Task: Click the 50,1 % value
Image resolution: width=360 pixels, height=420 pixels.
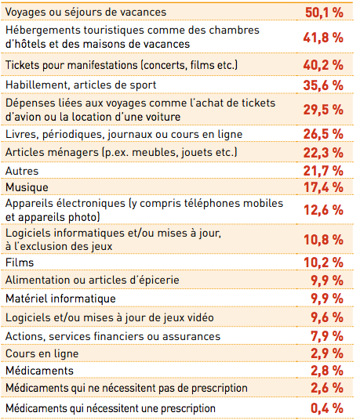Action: point(324,13)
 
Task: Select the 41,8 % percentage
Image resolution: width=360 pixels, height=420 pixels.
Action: point(323,38)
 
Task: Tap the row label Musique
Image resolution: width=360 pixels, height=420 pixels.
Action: point(27,187)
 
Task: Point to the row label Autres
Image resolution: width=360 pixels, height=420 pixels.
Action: point(22,171)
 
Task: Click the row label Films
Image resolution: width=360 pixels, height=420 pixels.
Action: point(20,262)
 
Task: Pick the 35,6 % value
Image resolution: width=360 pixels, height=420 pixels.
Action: point(323,85)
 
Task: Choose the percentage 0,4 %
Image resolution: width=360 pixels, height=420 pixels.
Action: point(327,408)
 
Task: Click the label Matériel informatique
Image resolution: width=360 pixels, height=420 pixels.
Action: point(60,299)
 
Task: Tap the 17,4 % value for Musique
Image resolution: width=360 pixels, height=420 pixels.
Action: point(324,187)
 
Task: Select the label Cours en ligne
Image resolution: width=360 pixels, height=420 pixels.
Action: point(42,353)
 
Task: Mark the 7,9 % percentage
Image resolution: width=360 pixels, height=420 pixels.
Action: point(327,336)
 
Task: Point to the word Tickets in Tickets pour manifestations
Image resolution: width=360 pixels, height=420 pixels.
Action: point(23,65)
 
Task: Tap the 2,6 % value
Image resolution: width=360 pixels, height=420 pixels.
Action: point(327,388)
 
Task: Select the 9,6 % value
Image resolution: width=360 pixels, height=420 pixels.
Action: point(327,317)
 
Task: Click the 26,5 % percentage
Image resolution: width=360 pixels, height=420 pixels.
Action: point(323,134)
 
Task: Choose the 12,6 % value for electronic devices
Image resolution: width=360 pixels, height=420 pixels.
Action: point(324,210)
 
